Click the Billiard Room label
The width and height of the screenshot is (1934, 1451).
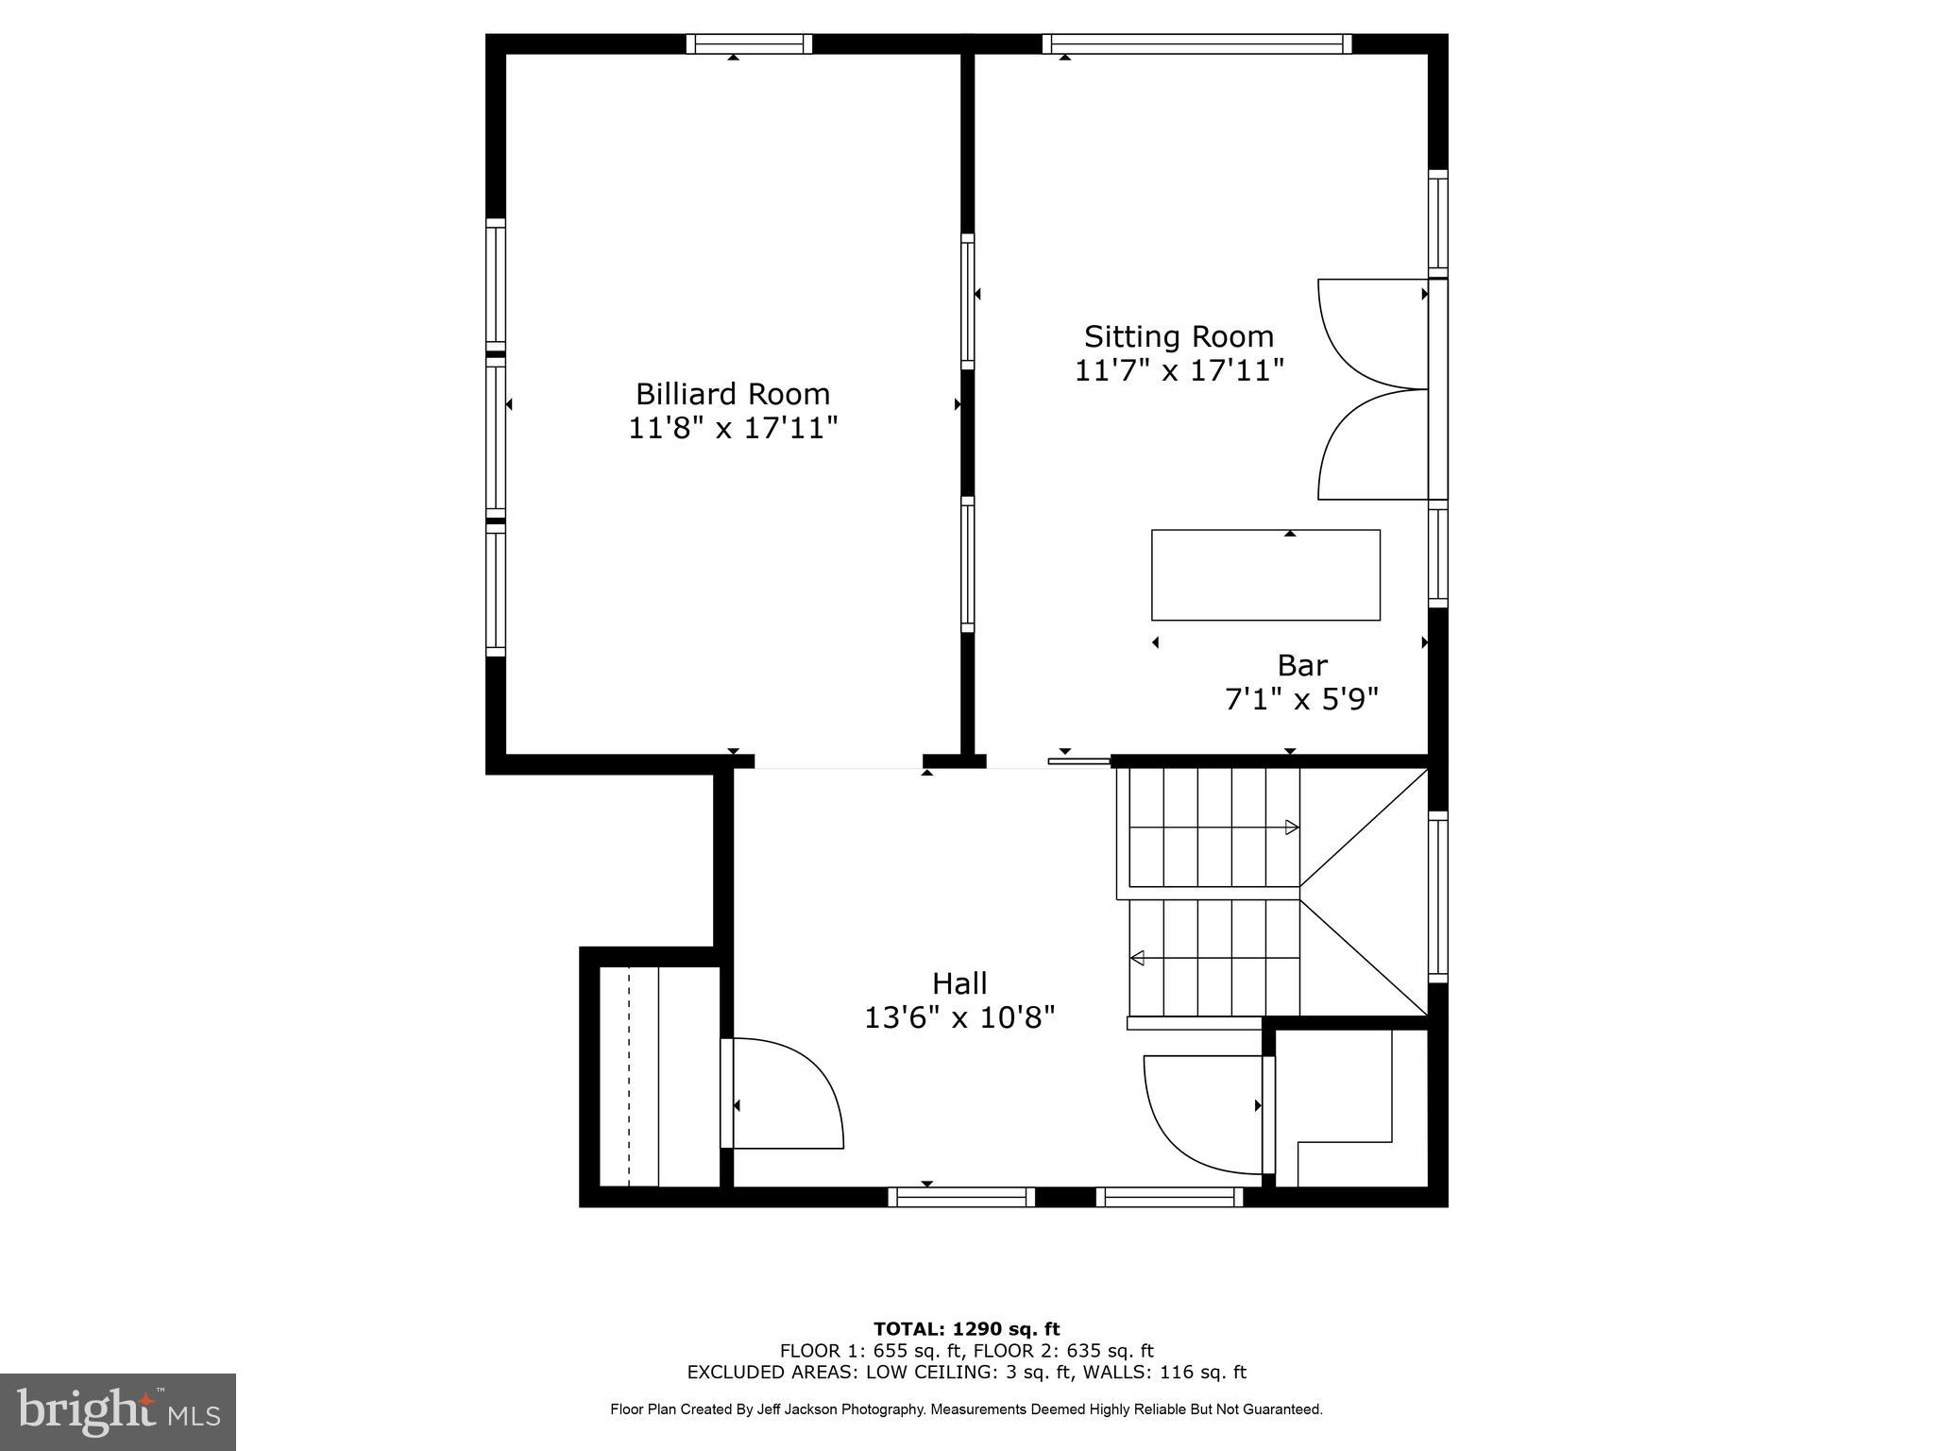[x=732, y=394]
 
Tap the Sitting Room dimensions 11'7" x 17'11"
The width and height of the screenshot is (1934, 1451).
[x=1179, y=370]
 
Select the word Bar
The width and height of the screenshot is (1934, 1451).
[x=1301, y=666]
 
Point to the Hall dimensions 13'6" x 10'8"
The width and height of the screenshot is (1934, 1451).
[x=959, y=1017]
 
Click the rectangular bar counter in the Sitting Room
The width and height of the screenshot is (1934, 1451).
[x=1265, y=575]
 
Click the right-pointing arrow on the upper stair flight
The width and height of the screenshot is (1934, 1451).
[x=1292, y=828]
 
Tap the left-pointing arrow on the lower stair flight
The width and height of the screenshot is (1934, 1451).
[x=1138, y=959]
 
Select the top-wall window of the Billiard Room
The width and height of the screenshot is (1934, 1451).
[x=749, y=43]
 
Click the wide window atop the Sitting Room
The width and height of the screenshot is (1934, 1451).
[x=1196, y=43]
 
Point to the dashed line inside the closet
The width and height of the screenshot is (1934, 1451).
[x=629, y=1077]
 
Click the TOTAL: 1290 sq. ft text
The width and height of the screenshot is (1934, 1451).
[x=966, y=1329]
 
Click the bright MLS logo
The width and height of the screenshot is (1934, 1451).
[x=118, y=1410]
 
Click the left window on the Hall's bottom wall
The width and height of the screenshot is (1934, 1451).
[x=961, y=1197]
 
